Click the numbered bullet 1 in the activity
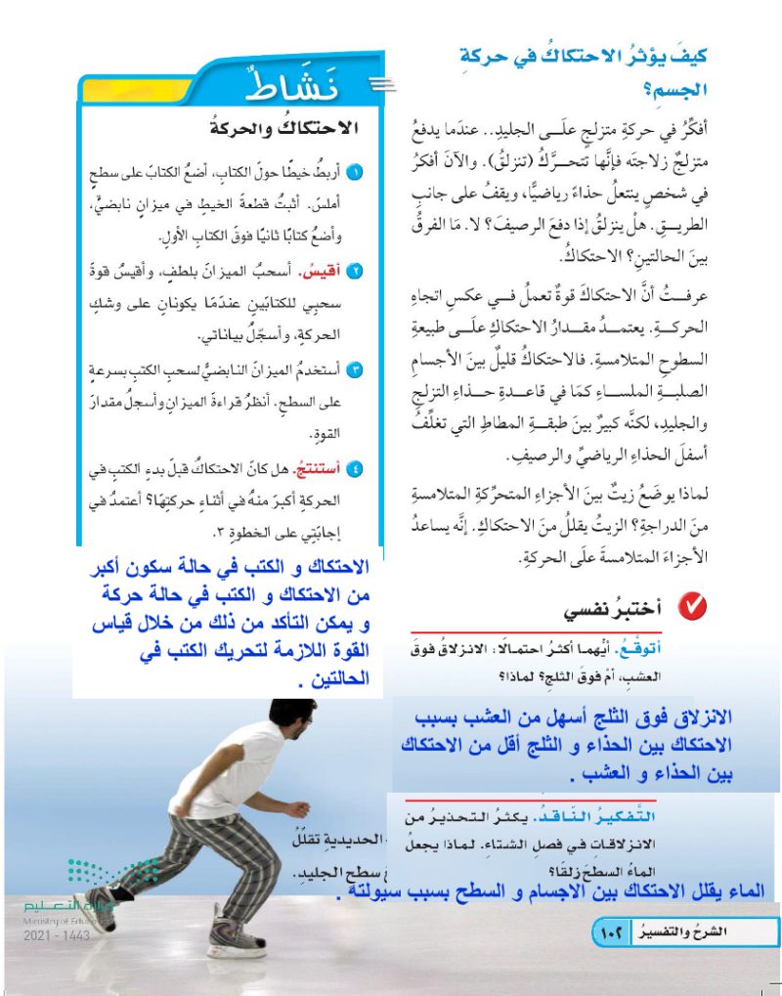[358, 174]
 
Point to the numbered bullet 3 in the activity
[358, 369]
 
